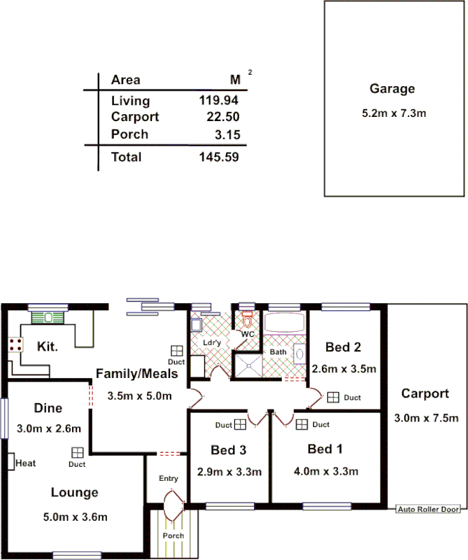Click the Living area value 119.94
click(x=219, y=101)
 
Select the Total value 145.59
click(x=219, y=157)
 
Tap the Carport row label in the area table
click(x=135, y=117)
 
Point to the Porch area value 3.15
click(x=227, y=134)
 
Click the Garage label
click(x=392, y=89)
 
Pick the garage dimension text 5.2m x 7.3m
click(x=394, y=112)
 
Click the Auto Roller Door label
click(x=429, y=509)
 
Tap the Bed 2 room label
click(x=343, y=346)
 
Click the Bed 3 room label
click(x=228, y=449)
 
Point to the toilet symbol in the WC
click(x=247, y=320)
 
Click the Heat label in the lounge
click(x=25, y=463)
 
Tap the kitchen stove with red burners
click(x=14, y=344)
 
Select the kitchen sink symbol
click(x=48, y=317)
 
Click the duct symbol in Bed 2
click(x=333, y=397)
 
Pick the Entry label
click(x=169, y=479)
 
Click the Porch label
click(x=173, y=535)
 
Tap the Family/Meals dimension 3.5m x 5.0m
click(x=139, y=395)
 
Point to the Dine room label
click(x=48, y=408)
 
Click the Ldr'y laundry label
click(x=211, y=343)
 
